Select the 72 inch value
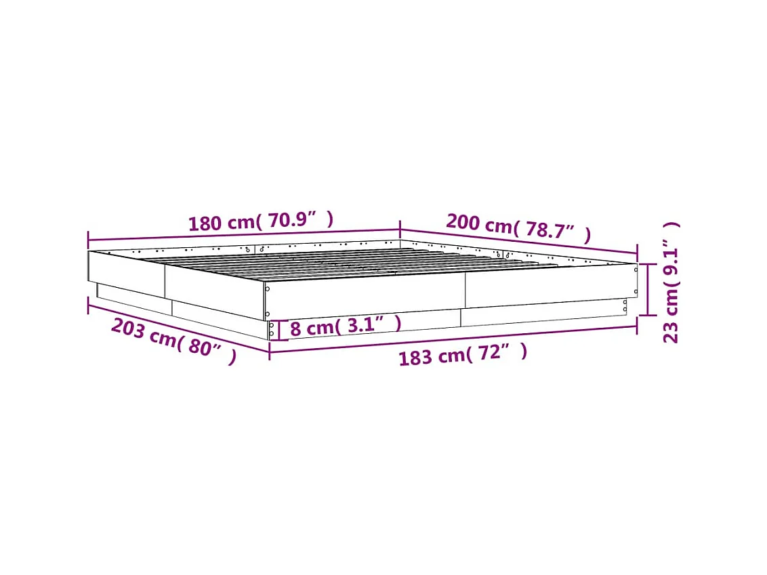495,352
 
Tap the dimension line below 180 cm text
244,234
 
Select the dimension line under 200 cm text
518,241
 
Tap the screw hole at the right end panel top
636,269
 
